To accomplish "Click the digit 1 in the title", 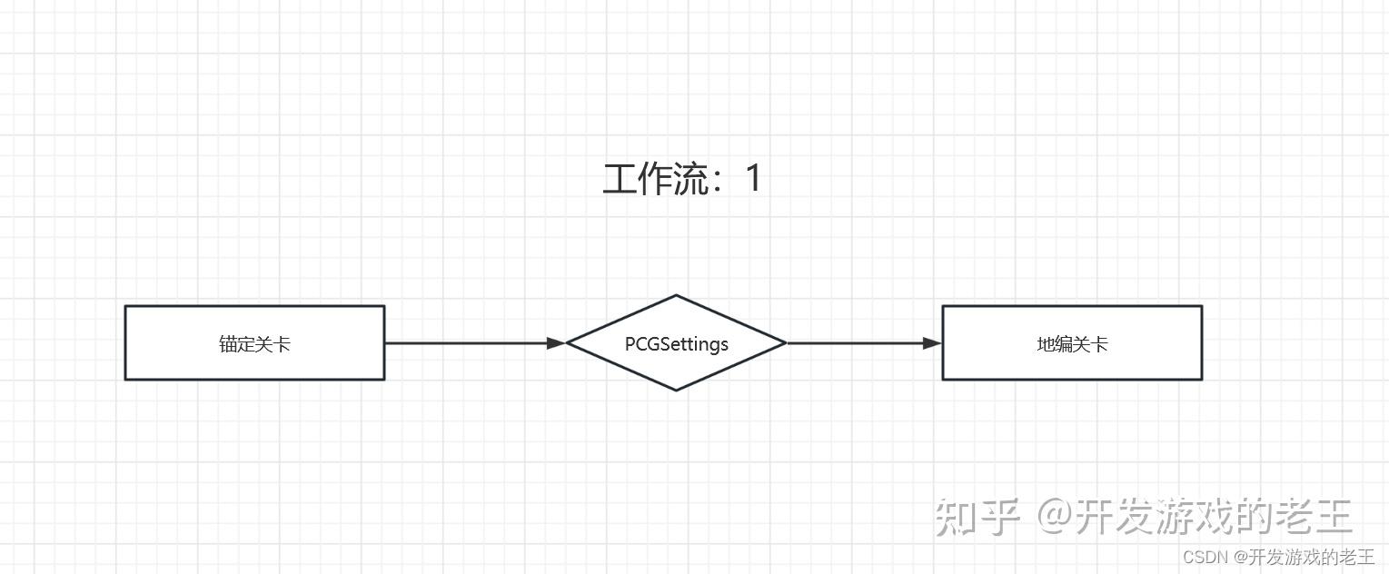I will click(753, 178).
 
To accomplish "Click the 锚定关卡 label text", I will click(254, 344).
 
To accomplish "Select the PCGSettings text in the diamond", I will click(676, 344).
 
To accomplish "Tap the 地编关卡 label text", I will click(1072, 344).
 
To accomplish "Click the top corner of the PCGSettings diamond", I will click(676, 296).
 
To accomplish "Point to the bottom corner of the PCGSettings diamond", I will click(676, 390).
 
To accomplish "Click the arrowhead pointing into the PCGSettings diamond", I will click(556, 343).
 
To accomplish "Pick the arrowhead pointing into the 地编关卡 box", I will click(932, 343).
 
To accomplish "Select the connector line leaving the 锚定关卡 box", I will click(463, 343).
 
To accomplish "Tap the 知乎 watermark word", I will click(978, 517).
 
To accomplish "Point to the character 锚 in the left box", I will click(227, 344).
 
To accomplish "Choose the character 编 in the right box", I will click(1063, 344).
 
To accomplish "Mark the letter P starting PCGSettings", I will click(630, 344).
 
